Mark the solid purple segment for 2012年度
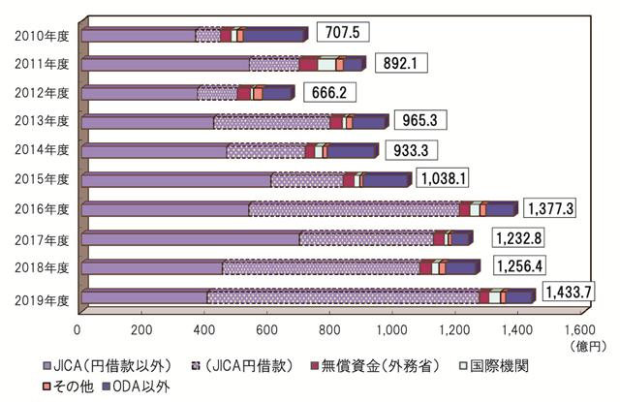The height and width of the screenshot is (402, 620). (140, 93)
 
